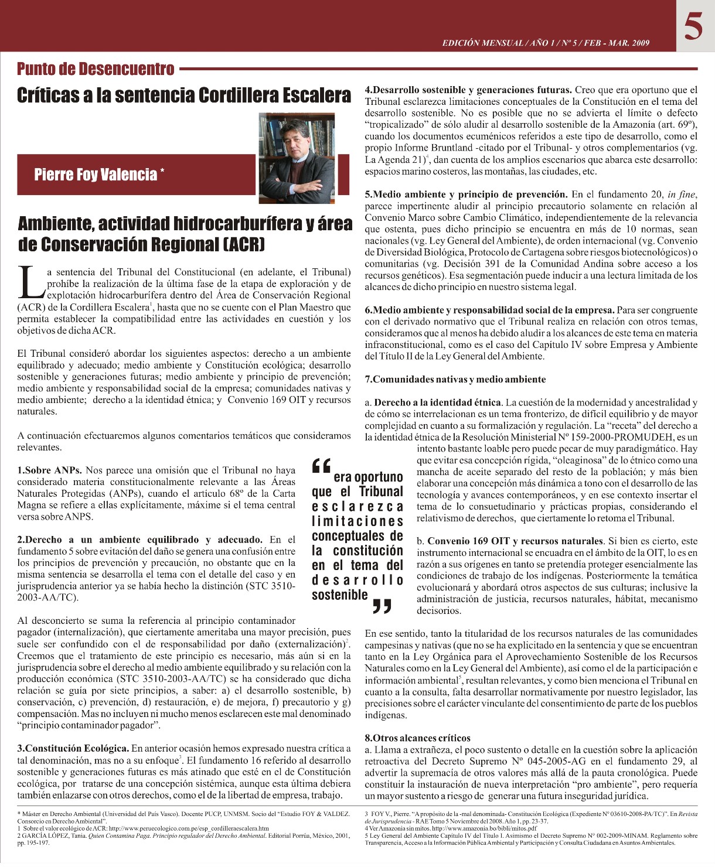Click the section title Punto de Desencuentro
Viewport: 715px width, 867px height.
96,69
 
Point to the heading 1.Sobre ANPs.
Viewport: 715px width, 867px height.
50,470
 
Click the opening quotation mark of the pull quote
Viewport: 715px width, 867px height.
322,465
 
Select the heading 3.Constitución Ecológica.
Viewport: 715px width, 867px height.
73,749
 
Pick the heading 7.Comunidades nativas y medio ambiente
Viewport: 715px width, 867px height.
455,380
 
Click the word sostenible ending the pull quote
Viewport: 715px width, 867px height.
340,595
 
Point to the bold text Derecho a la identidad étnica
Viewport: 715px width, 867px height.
437,402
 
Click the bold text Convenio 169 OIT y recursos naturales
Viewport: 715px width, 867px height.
515,541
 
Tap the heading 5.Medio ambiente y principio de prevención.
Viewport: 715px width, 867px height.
466,194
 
